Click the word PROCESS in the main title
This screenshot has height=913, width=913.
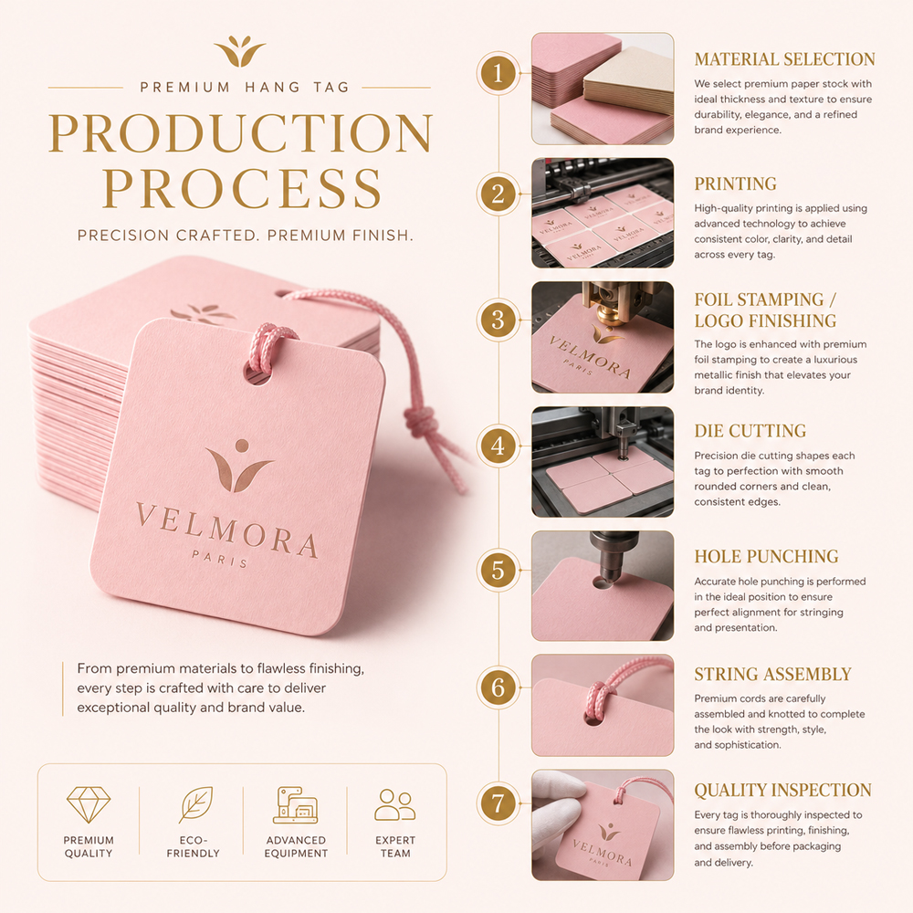click(x=242, y=188)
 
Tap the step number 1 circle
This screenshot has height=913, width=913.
click(x=498, y=73)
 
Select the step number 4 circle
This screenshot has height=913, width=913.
click(x=498, y=446)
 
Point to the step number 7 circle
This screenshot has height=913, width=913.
click(x=498, y=803)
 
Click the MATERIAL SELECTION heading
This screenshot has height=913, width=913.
click(x=784, y=59)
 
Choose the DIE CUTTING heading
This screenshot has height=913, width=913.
click(x=750, y=431)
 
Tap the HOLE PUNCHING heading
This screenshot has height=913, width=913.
click(x=766, y=556)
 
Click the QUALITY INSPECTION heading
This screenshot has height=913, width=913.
click(x=782, y=790)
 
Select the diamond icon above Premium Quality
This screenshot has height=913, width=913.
click(x=89, y=804)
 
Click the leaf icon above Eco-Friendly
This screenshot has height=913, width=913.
click(x=195, y=804)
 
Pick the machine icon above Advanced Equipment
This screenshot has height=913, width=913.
click(x=296, y=805)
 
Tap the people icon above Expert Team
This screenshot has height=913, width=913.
click(x=394, y=804)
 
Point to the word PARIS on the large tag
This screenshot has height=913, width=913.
click(x=220, y=559)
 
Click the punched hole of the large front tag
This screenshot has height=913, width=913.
click(x=259, y=373)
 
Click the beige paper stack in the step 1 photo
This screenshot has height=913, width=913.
click(x=628, y=81)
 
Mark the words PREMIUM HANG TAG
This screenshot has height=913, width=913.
click(x=245, y=88)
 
